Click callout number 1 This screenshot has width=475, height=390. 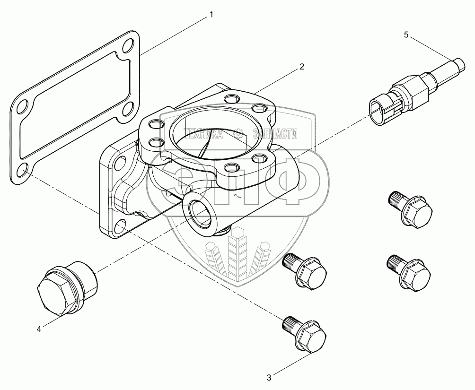click(x=211, y=15)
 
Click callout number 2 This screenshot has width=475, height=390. click(x=301, y=67)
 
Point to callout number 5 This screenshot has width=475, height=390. click(x=406, y=35)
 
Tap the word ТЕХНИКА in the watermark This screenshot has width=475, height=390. click(x=203, y=134)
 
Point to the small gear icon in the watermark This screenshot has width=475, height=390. click(x=239, y=133)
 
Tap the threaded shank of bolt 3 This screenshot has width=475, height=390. click(x=290, y=324)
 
